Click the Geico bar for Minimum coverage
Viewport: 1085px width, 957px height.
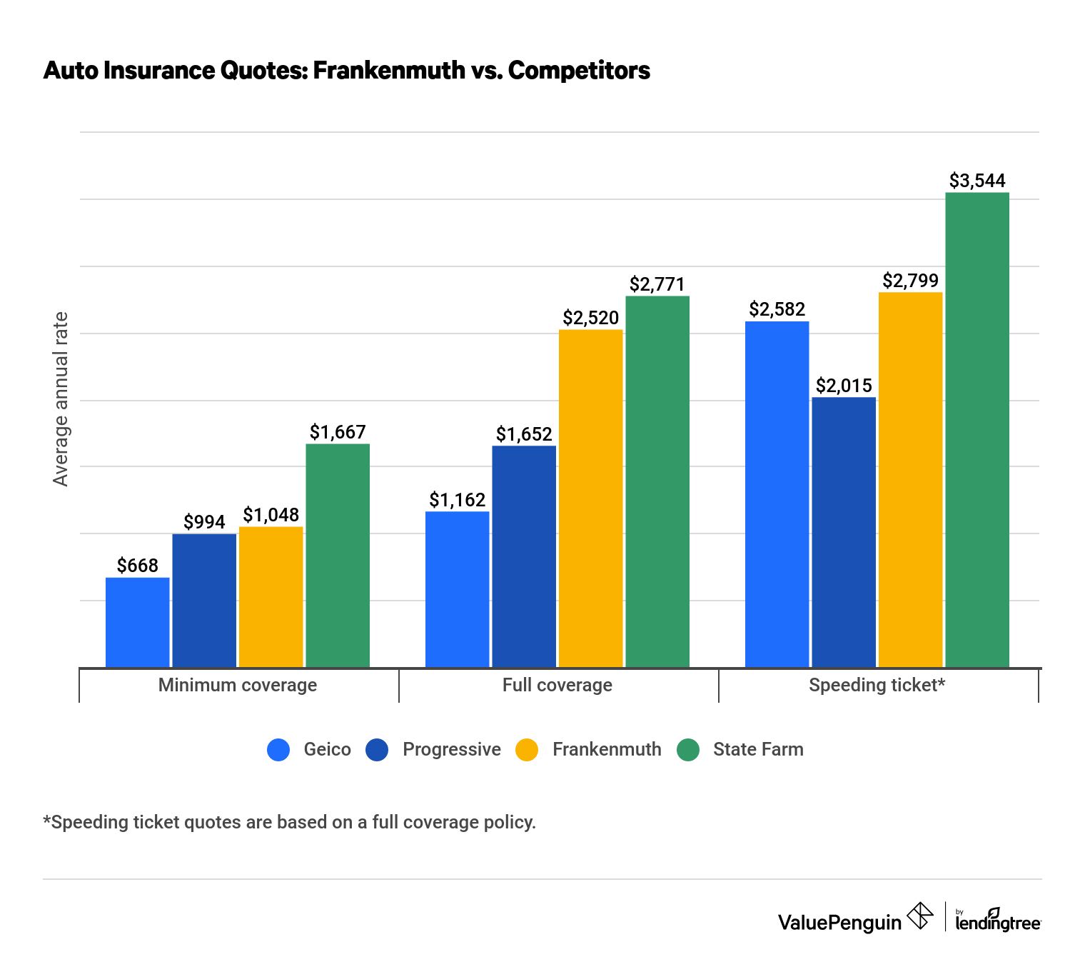(x=137, y=622)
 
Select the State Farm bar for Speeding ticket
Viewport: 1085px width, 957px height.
(x=976, y=429)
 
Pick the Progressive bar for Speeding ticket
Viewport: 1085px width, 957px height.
(x=843, y=532)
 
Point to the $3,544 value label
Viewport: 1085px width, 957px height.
(x=976, y=181)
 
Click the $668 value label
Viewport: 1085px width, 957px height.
(x=137, y=566)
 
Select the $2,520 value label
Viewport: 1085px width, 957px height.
(x=590, y=318)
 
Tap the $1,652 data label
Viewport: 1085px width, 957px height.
(x=523, y=434)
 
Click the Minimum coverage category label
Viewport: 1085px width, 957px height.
(x=237, y=685)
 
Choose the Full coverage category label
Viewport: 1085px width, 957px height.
(x=557, y=685)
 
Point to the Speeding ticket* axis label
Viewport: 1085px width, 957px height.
(x=877, y=685)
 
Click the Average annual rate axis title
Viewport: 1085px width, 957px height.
(x=61, y=399)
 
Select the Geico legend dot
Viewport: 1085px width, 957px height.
(x=278, y=749)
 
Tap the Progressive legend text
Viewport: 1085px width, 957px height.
(x=451, y=749)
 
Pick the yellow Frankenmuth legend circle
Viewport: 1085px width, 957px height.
(x=527, y=749)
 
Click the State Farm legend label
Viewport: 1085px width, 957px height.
(x=757, y=749)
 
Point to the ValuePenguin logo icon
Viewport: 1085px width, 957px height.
(x=919, y=916)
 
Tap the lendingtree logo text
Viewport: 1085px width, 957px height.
(x=997, y=922)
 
